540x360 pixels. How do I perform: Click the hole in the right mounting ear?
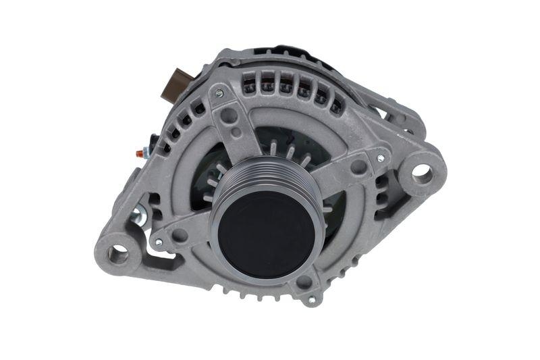click(422, 174)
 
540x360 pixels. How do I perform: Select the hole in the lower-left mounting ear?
click(118, 254)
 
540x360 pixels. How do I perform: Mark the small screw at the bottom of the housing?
click(311, 298)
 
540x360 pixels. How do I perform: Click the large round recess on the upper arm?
click(229, 115)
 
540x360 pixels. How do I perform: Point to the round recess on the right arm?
click(358, 166)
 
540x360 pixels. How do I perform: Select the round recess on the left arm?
click(179, 235)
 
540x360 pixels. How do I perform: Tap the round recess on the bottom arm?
click(304, 281)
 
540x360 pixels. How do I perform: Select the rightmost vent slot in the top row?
click(335, 105)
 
